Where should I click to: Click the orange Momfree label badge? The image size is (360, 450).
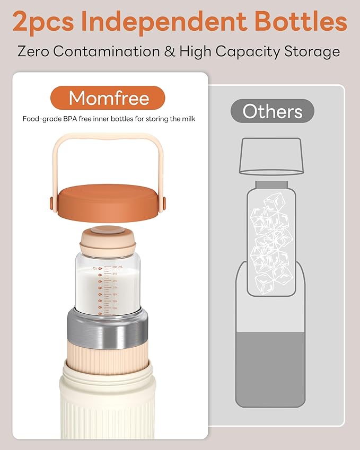tap(109, 98)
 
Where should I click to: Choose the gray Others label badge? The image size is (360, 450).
tap(273, 111)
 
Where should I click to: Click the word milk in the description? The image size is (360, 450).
tap(188, 119)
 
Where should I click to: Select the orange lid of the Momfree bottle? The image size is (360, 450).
tap(108, 198)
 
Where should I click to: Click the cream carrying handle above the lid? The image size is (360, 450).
tap(108, 140)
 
